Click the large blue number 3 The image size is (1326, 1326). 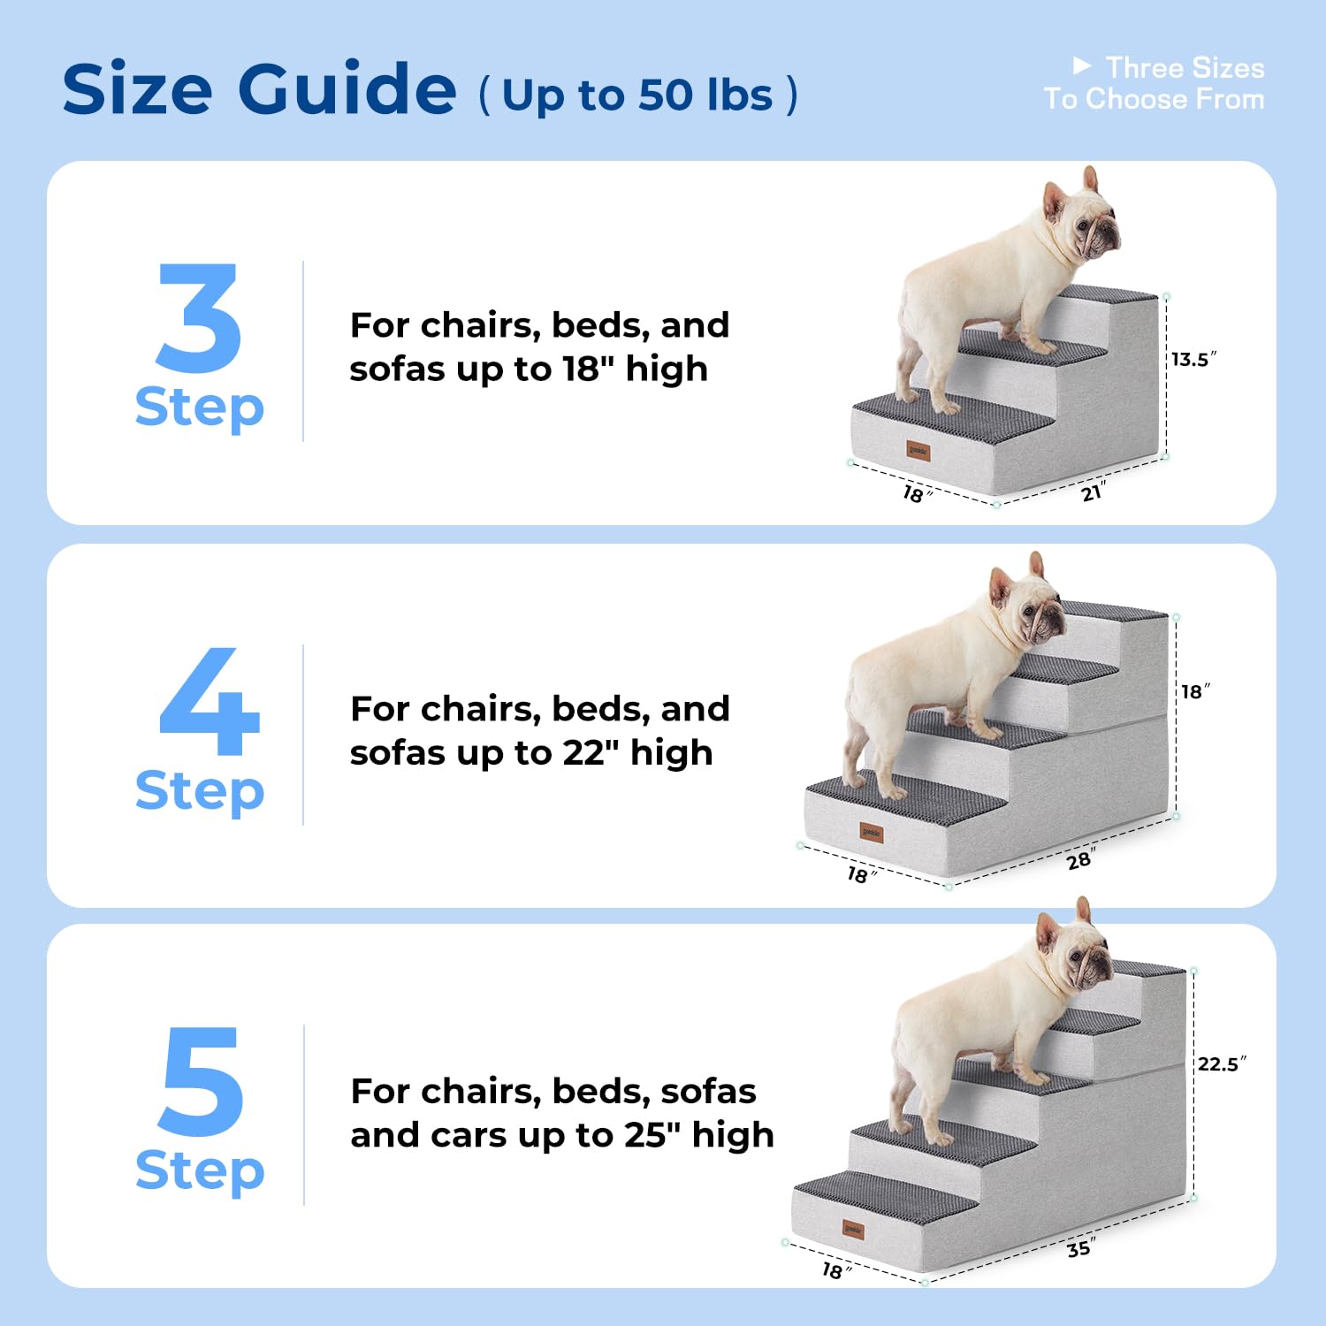tap(199, 318)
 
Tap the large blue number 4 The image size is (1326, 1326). tap(210, 703)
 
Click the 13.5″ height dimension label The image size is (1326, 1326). tap(1193, 359)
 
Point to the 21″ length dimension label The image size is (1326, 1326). tap(1093, 492)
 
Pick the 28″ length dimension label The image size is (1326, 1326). tap(1079, 859)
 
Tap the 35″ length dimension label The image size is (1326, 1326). tap(1080, 1248)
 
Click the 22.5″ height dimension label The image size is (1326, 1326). tap(1221, 1063)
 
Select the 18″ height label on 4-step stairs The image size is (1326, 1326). tap(1195, 691)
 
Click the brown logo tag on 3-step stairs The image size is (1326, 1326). tap(918, 452)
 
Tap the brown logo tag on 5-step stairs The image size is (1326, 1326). tap(853, 1229)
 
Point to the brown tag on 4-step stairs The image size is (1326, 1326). tap(872, 833)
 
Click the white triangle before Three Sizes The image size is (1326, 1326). tap(1081, 66)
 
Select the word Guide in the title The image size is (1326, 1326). tap(347, 88)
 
